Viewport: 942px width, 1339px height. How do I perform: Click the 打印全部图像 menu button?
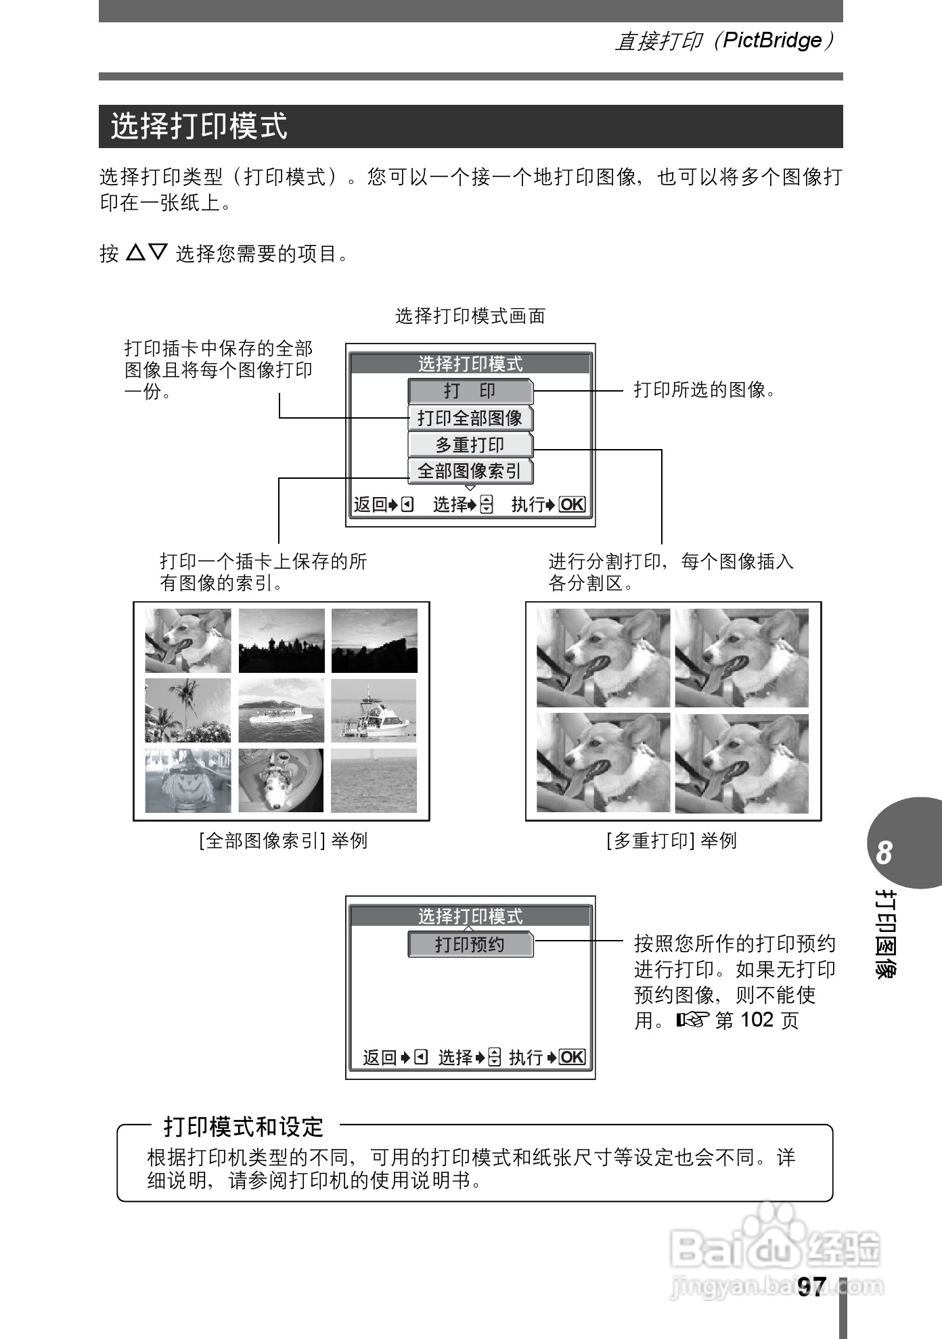pyautogui.click(x=470, y=418)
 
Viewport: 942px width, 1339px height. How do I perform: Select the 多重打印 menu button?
pyautogui.click(x=470, y=445)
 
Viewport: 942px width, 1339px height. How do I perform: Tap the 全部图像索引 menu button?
pyautogui.click(x=470, y=471)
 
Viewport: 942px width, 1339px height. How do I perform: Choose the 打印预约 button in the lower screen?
pyautogui.click(x=470, y=945)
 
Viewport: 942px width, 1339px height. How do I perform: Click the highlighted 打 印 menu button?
pyautogui.click(x=470, y=391)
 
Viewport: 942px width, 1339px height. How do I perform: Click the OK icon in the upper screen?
pyautogui.click(x=573, y=504)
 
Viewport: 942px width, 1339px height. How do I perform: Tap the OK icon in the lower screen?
pyautogui.click(x=573, y=1057)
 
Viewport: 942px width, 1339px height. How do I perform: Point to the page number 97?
pyautogui.click(x=811, y=1286)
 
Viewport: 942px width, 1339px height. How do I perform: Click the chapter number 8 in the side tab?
pyautogui.click(x=884, y=853)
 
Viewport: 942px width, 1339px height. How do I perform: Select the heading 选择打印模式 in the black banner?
pyautogui.click(x=200, y=126)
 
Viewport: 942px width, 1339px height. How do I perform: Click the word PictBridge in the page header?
pyautogui.click(x=772, y=41)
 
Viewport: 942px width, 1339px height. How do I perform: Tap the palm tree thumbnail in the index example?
pyautogui.click(x=188, y=711)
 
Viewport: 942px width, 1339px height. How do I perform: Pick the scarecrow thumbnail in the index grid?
pyautogui.click(x=188, y=780)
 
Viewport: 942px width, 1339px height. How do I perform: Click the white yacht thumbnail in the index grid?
pyautogui.click(x=374, y=711)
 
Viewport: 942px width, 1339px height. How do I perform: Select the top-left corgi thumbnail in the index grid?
pyautogui.click(x=188, y=640)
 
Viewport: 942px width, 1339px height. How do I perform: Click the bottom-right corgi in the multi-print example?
pyautogui.click(x=742, y=763)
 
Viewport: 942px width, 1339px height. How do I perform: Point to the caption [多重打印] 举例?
pyautogui.click(x=672, y=841)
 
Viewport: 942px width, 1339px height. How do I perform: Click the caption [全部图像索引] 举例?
pyautogui.click(x=283, y=841)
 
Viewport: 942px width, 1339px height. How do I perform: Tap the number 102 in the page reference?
pyautogui.click(x=757, y=1019)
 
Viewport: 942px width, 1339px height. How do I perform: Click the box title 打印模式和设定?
pyautogui.click(x=244, y=1127)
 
